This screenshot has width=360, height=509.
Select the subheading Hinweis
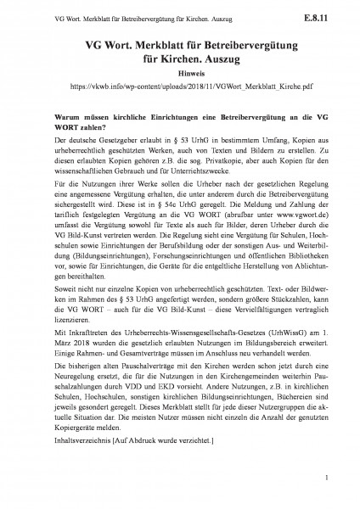tap(180, 74)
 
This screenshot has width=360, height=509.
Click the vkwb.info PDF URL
tap(180, 86)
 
